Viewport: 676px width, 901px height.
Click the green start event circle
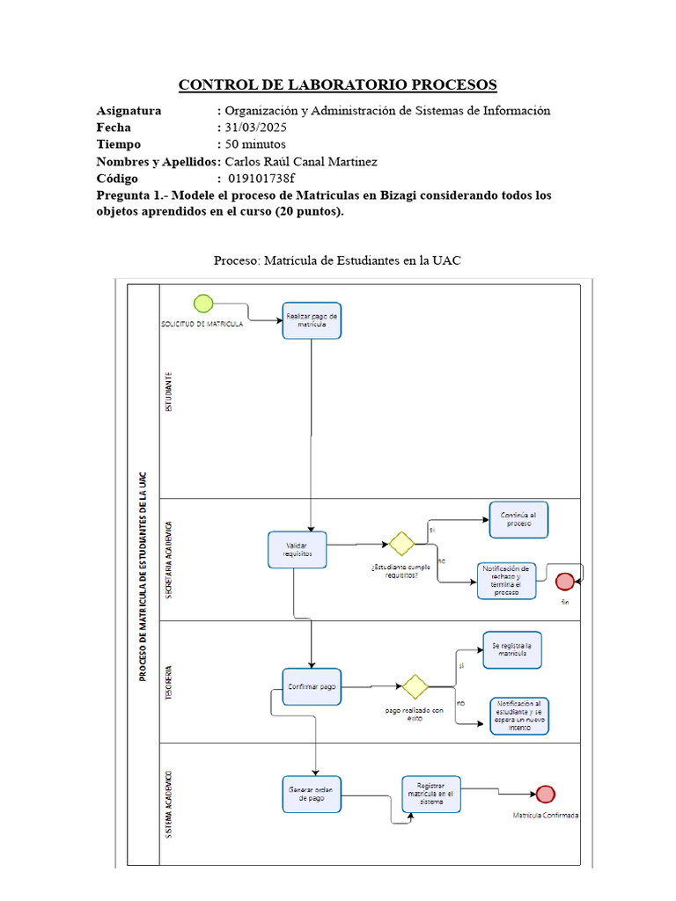pyautogui.click(x=203, y=304)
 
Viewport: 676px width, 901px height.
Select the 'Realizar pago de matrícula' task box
pyautogui.click(x=312, y=320)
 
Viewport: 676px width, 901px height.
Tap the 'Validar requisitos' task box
pyautogui.click(x=298, y=550)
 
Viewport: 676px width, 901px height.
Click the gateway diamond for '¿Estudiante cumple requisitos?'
pyautogui.click(x=402, y=544)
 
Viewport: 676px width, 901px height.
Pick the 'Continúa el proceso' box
pyautogui.click(x=519, y=519)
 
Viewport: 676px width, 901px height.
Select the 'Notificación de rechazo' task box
pyautogui.click(x=506, y=581)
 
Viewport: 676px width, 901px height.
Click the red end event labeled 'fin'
pyautogui.click(x=564, y=581)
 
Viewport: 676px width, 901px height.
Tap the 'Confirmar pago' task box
pyautogui.click(x=312, y=686)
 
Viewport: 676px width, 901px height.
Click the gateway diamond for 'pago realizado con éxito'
pyautogui.click(x=414, y=686)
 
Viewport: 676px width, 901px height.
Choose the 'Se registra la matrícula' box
pyautogui.click(x=511, y=650)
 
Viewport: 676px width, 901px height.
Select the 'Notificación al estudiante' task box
pyautogui.click(x=525, y=714)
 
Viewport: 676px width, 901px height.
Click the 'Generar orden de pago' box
pyautogui.click(x=312, y=794)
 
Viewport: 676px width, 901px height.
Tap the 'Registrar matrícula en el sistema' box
pyautogui.click(x=431, y=794)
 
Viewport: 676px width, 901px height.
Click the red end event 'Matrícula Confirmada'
pyautogui.click(x=546, y=795)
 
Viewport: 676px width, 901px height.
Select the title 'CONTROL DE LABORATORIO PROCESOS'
pyautogui.click(x=338, y=85)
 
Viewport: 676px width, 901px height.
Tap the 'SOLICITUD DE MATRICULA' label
pyautogui.click(x=202, y=325)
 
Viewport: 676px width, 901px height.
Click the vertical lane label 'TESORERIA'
pyautogui.click(x=169, y=682)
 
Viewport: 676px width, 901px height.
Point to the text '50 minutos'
pyautogui.click(x=255, y=144)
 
